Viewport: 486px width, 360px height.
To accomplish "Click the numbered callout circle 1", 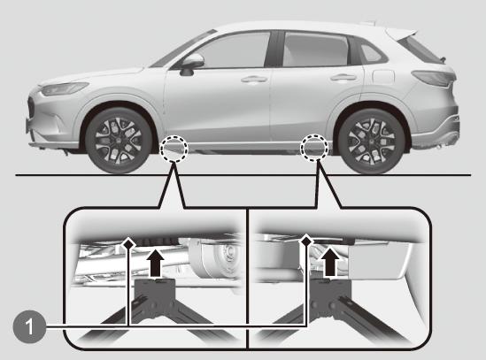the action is pos(29,326).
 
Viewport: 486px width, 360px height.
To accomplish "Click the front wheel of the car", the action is pos(119,141).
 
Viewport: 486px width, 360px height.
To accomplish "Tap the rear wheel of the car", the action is pos(371,141).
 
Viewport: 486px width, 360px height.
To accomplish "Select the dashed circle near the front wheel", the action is pos(174,149).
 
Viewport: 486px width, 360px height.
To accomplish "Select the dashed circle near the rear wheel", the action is pos(315,148).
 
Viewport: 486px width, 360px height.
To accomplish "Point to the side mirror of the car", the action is pos(191,65).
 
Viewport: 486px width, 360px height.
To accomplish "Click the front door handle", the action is pos(254,80).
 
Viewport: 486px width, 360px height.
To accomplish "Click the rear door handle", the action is pos(343,78).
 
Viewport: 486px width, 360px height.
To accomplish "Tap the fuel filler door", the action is pos(383,77).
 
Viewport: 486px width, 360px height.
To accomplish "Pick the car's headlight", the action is pos(65,88).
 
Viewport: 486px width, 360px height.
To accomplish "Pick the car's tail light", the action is pos(433,78).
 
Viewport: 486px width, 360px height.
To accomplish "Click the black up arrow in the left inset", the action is pos(155,263).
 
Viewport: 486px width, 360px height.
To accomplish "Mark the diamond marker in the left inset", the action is pos(128,243).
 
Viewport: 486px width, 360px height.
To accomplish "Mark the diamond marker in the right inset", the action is pos(306,240).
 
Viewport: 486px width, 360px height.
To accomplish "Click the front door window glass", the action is pos(229,50).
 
